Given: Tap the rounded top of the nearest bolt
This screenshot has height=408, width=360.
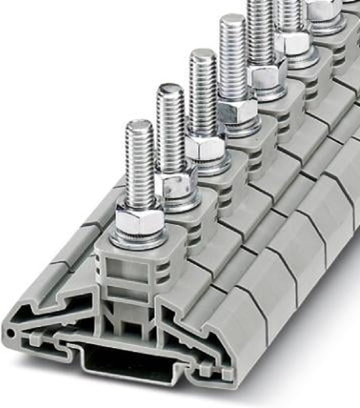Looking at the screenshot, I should (x=139, y=125).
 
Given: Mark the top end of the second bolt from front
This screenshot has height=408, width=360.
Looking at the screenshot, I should (x=170, y=88).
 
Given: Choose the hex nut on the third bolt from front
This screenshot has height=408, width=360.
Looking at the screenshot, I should (x=205, y=146).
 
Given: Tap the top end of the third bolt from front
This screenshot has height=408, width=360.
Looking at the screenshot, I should (x=202, y=54).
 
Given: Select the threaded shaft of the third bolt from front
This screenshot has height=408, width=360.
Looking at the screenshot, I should (x=203, y=95).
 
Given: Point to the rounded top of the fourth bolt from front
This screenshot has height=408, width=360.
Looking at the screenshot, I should (x=232, y=19).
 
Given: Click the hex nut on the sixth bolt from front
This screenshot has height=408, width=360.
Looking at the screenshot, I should (x=293, y=43).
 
